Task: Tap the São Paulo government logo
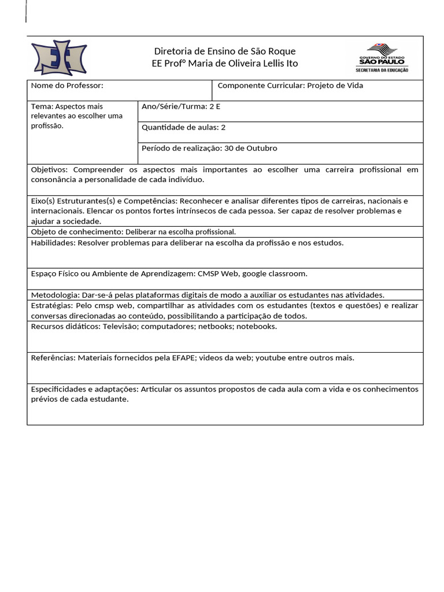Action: click(383, 58)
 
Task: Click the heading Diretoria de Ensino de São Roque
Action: click(225, 51)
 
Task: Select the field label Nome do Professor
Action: click(67, 86)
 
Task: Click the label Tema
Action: click(41, 106)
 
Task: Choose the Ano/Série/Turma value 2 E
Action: click(215, 106)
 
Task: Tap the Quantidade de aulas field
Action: click(183, 127)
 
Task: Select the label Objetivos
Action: click(49, 170)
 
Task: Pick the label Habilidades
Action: click(52, 243)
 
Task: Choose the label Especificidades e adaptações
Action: click(84, 389)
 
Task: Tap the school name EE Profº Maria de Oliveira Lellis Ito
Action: click(225, 64)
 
